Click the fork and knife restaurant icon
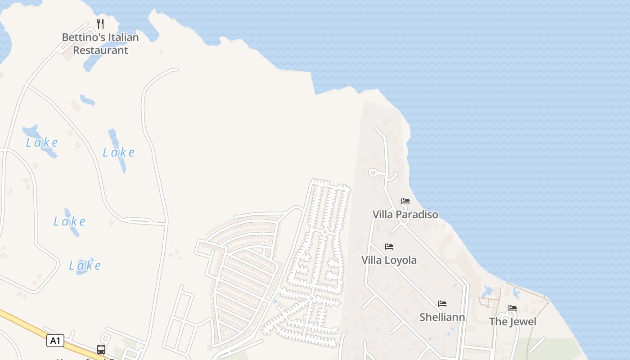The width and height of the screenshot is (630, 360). coord(100,24)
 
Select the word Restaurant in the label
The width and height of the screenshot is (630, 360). coord(100,50)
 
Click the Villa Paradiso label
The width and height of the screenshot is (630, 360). coord(405,215)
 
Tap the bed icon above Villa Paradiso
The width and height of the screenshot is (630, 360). coord(405,201)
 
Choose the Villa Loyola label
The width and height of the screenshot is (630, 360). coord(389,260)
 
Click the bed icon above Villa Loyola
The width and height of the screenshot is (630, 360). coord(389,247)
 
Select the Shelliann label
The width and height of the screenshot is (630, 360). coord(442,317)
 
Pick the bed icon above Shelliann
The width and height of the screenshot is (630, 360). coord(442,304)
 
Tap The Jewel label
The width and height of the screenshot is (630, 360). coord(513,322)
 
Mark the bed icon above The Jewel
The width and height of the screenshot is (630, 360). coord(513,308)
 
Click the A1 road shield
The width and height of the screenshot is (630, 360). coord(55,341)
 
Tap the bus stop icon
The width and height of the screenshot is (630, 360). coord(101,349)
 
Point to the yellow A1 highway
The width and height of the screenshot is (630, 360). coord(22,323)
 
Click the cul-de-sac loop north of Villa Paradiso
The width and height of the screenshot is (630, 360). coord(373,172)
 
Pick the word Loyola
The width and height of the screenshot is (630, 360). coord(401,260)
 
